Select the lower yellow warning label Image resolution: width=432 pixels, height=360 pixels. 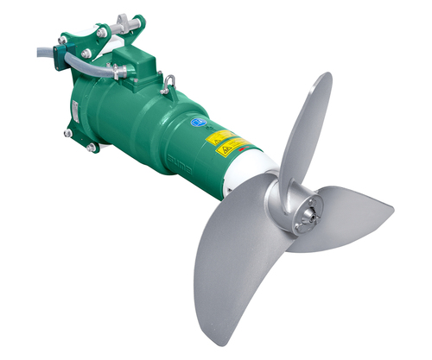(x=232, y=148)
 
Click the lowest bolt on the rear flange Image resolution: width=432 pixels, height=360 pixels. (x=91, y=148)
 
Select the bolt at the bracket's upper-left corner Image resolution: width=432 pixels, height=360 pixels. (x=61, y=40)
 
